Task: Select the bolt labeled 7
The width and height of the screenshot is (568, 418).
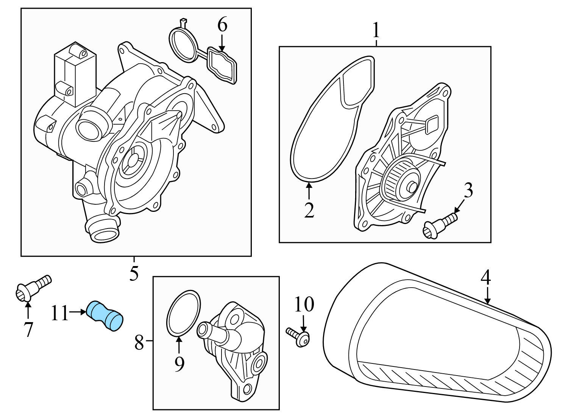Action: [33, 288]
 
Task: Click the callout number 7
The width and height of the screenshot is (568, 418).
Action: [28, 329]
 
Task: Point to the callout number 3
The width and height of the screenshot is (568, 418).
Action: [468, 191]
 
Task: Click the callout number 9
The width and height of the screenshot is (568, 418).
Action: [179, 364]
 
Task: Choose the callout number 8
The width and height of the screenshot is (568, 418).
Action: [139, 343]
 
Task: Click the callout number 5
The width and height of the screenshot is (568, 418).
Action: [134, 273]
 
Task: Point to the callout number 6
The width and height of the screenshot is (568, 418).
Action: [222, 25]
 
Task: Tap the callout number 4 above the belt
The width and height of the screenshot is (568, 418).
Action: [486, 277]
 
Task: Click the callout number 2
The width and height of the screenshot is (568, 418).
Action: [309, 210]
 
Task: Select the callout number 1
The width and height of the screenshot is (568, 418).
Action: [376, 30]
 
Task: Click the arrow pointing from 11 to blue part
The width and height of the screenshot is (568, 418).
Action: [78, 312]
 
